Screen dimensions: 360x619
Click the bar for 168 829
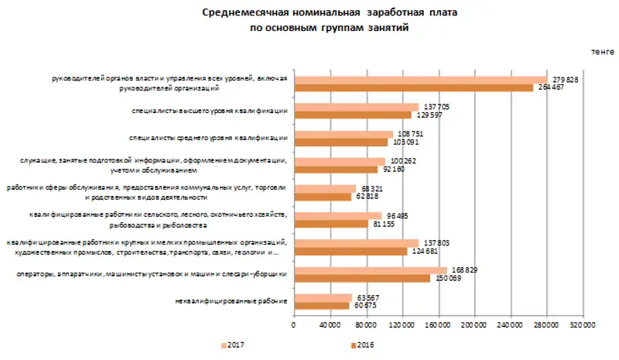[370, 270]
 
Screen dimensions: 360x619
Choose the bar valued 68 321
[325, 188]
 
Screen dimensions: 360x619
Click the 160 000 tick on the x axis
[438, 326]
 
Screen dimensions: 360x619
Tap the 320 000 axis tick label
[583, 326]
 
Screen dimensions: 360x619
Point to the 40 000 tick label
[330, 326]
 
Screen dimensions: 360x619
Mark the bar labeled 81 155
[330, 224]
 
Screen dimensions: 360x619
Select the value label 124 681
[425, 251]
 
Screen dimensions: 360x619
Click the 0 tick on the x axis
[294, 326]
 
